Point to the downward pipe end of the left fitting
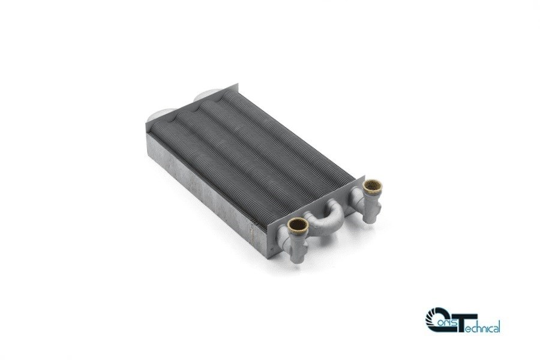(x=299, y=256)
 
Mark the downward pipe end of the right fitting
(x=370, y=216)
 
